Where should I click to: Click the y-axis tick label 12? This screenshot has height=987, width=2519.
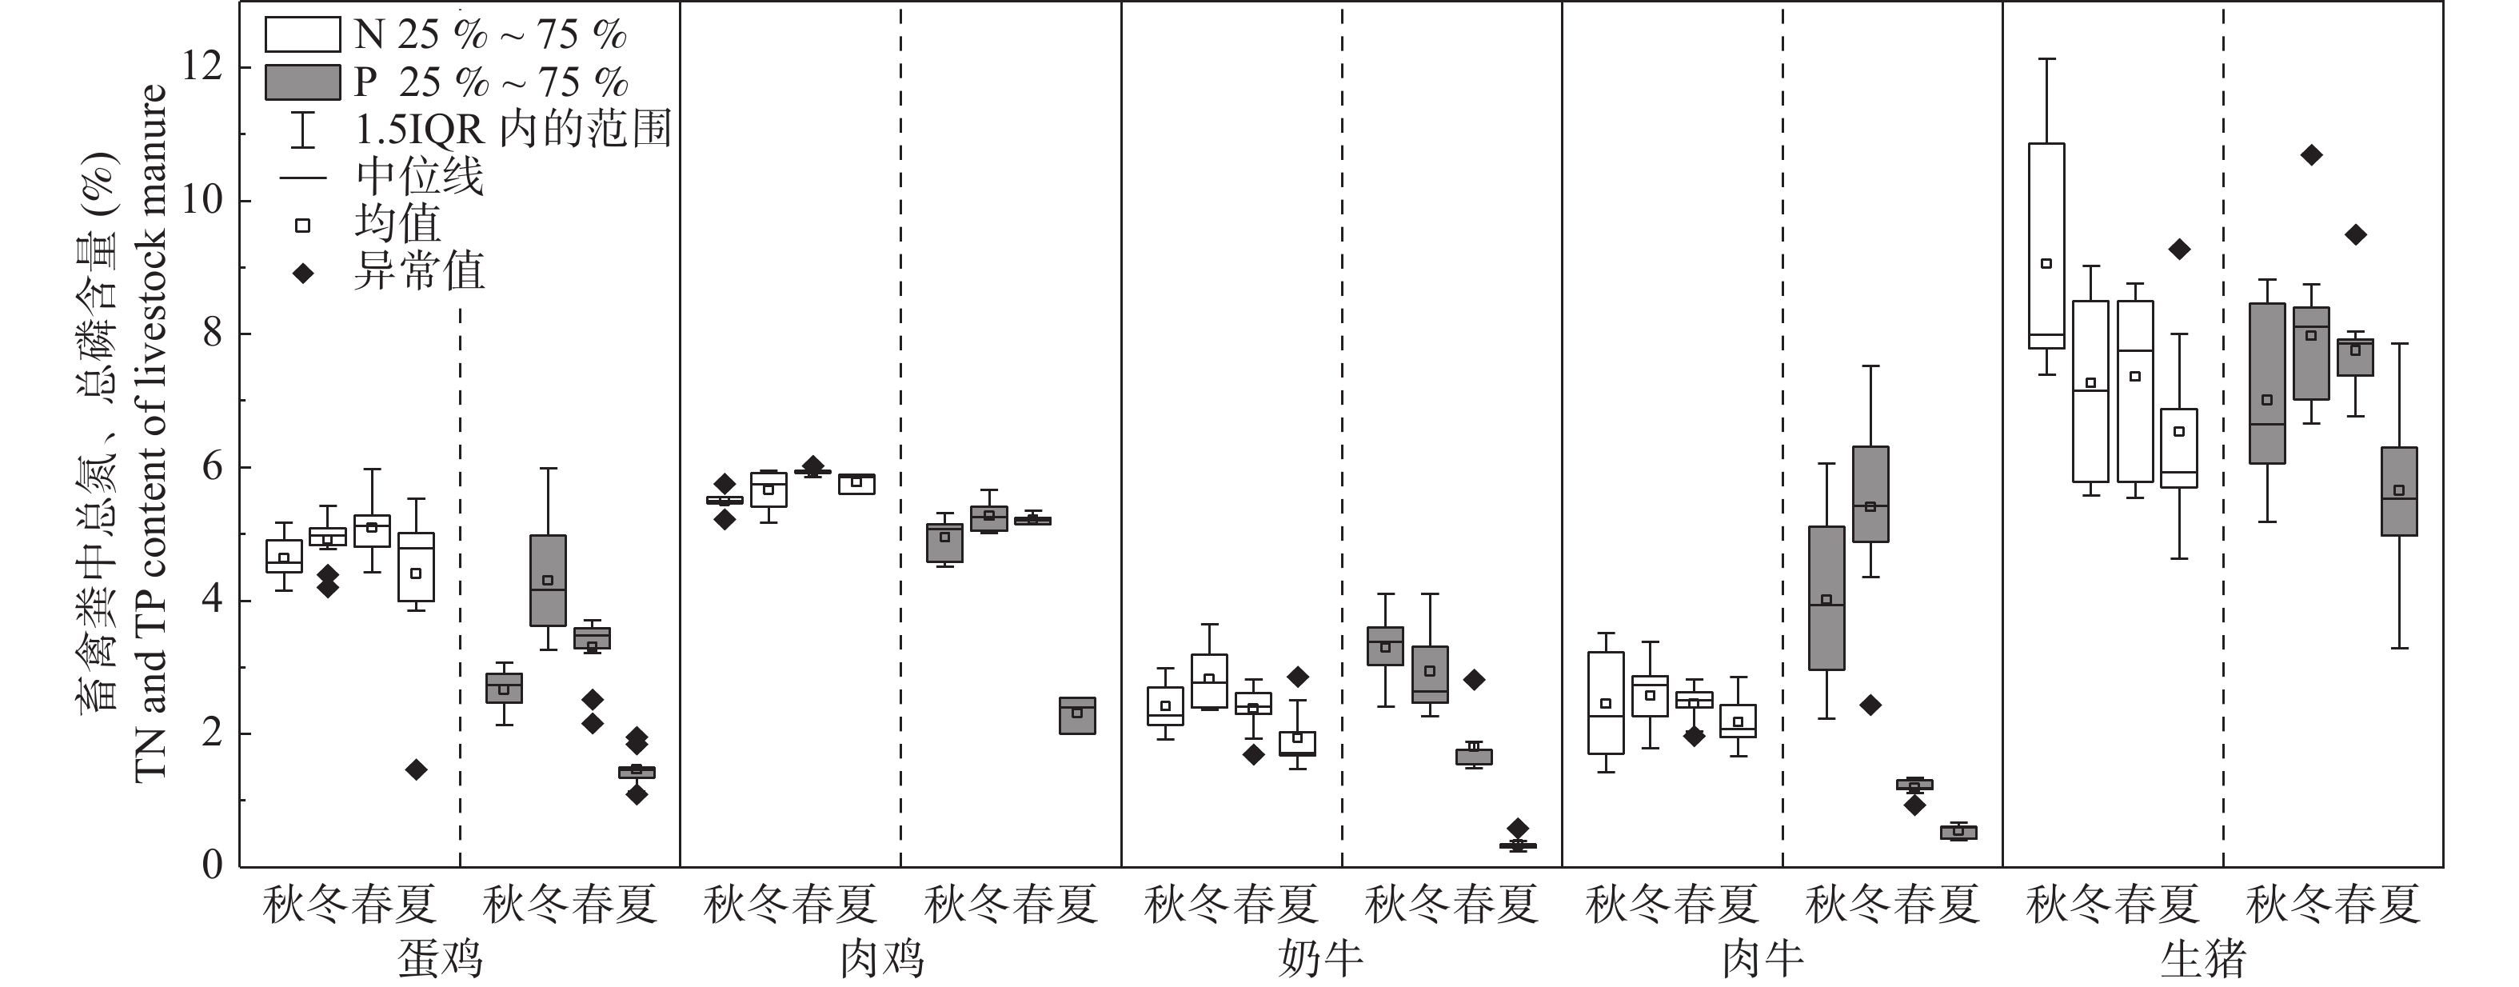[x=202, y=66]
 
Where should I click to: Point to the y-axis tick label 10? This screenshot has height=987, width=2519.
[x=202, y=201]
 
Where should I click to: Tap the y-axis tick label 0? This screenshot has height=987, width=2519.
[x=212, y=865]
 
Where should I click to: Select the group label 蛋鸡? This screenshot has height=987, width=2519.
[x=440, y=960]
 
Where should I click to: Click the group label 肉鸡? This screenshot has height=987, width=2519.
[x=882, y=960]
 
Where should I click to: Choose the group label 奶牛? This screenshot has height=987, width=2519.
[x=1321, y=960]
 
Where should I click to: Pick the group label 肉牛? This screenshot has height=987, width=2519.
[x=1763, y=960]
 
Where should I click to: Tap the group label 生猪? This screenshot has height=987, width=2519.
[x=2202, y=960]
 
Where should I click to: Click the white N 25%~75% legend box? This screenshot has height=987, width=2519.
[x=302, y=35]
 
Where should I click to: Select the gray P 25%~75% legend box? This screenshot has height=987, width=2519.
[x=302, y=82]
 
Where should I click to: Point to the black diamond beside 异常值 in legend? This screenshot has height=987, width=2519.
[x=303, y=273]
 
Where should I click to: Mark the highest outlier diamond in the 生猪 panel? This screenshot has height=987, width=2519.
[x=2311, y=154]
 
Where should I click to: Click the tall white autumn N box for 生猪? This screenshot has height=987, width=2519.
[x=2046, y=245]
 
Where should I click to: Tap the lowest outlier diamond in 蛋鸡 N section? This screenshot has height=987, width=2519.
[x=416, y=769]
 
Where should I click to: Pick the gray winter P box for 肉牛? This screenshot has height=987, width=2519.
[x=1870, y=494]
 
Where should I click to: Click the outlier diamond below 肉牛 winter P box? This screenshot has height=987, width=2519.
[x=1870, y=705]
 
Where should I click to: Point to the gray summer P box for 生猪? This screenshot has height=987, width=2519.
[x=2399, y=491]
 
